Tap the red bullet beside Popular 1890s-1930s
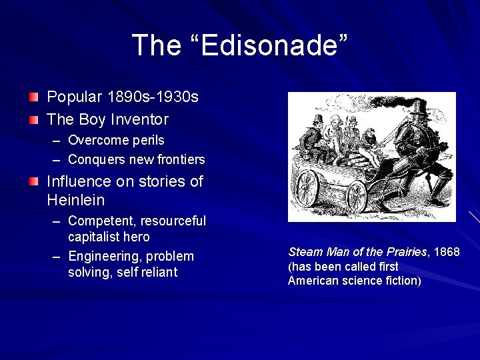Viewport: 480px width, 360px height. (33, 97)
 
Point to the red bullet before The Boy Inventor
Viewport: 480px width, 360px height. (33, 120)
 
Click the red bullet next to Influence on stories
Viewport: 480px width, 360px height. (33, 181)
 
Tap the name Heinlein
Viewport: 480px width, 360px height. (76, 200)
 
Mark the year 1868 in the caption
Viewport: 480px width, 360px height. (446, 252)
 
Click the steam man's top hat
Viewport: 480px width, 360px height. (419, 107)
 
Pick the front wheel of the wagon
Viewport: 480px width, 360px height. (357, 197)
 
